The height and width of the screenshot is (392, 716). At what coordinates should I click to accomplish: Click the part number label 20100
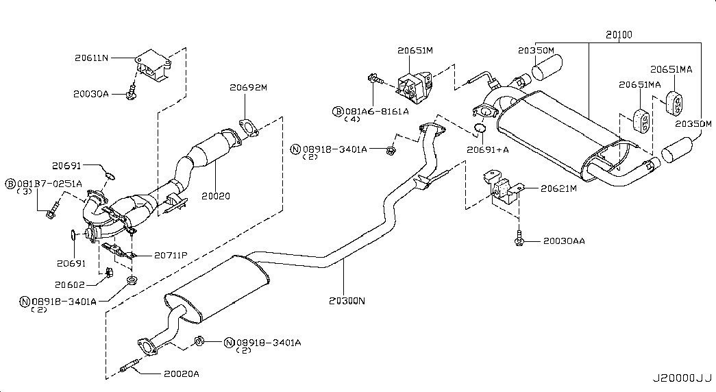[619, 35]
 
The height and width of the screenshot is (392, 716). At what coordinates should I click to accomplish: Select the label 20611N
[91, 58]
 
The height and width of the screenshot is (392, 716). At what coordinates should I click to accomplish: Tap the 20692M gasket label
[248, 87]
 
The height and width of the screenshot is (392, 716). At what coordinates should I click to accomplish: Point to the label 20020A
[182, 373]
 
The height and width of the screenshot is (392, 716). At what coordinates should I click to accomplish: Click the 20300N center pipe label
[347, 301]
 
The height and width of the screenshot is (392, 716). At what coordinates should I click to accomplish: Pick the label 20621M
[558, 188]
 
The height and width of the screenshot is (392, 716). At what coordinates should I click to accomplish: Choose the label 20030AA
[564, 241]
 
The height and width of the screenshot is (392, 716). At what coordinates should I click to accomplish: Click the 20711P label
[171, 256]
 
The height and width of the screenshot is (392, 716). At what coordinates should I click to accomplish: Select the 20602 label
[70, 284]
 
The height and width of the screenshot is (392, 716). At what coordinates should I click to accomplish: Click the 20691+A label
[487, 149]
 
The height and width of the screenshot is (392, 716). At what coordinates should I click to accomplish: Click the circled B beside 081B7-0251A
[10, 184]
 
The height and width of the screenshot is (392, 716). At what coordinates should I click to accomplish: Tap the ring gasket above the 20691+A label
[480, 127]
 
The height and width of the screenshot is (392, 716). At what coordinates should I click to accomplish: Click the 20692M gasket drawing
[249, 127]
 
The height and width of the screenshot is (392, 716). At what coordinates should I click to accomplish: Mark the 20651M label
[415, 51]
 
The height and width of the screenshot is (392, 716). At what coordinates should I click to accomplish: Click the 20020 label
[216, 196]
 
